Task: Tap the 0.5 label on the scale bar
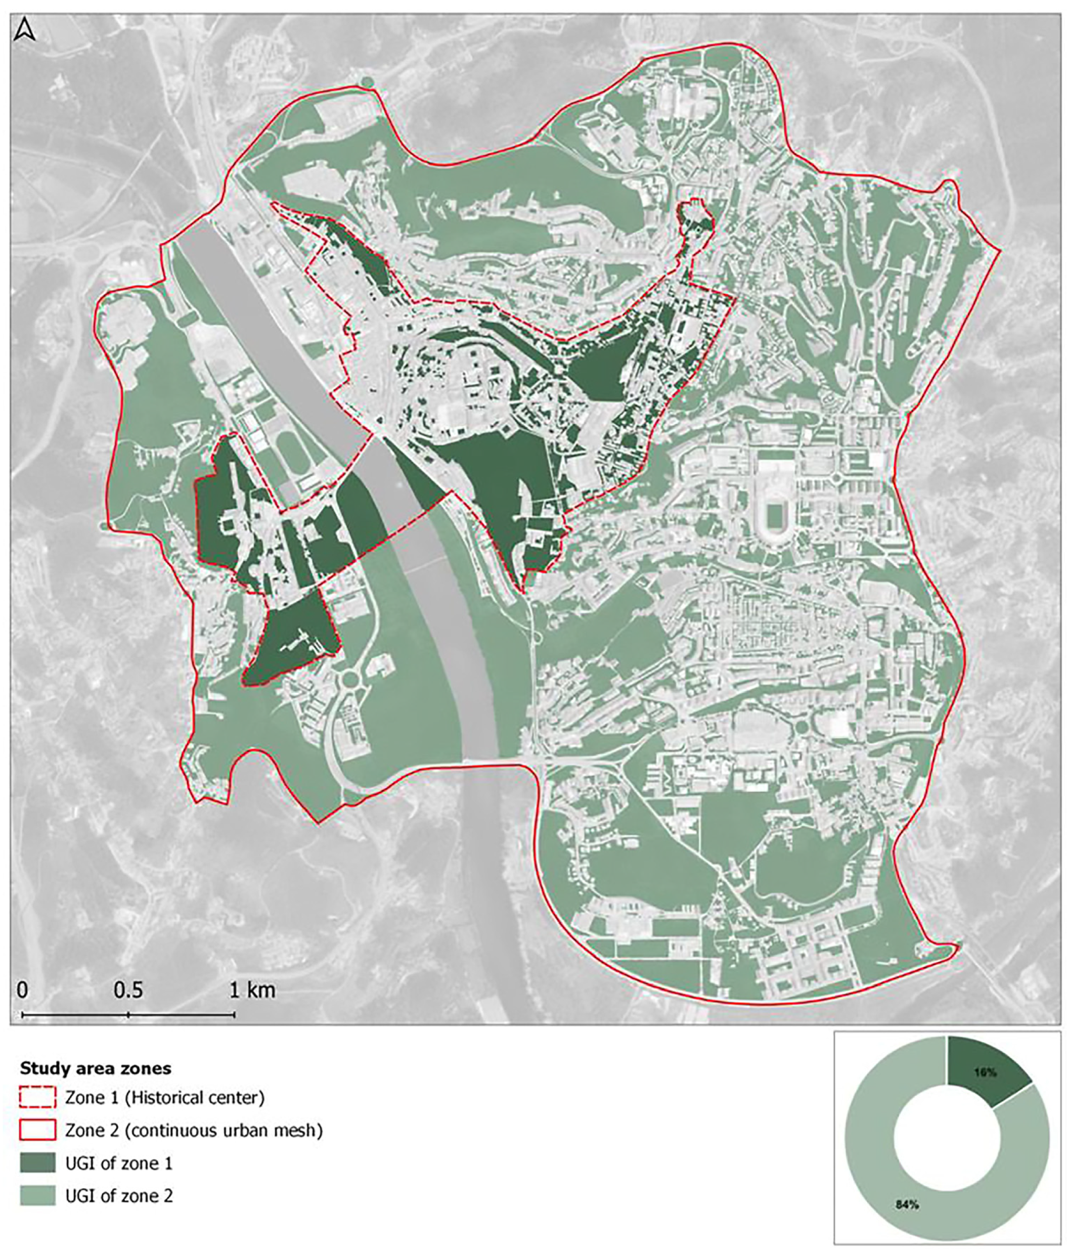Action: tap(128, 990)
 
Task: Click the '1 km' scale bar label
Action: tap(252, 990)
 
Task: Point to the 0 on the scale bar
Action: tap(22, 990)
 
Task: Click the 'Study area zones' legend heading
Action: tap(96, 1068)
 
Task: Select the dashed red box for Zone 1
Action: tap(37, 1097)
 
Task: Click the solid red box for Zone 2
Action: tap(37, 1130)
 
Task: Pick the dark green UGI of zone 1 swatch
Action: tap(37, 1162)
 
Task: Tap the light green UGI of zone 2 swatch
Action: tap(37, 1195)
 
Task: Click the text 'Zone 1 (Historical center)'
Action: tap(164, 1097)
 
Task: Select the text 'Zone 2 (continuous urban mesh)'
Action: tap(194, 1130)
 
